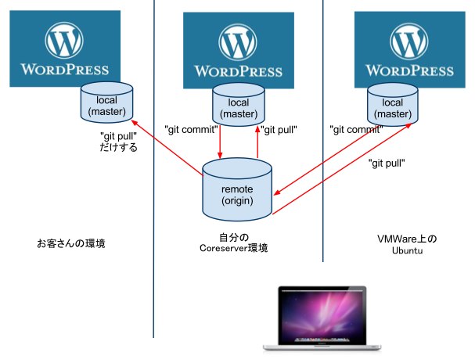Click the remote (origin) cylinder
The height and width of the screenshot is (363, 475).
coord(237,189)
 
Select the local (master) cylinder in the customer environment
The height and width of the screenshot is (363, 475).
coord(106,102)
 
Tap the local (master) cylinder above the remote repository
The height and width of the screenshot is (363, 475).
coord(239,105)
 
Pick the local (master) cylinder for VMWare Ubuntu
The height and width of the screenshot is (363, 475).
coord(393,105)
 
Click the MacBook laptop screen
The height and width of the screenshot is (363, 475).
coord(322,314)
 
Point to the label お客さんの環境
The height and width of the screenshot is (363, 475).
coord(71,243)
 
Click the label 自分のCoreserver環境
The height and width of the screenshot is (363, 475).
coord(234,243)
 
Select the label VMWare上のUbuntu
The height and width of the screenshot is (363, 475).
coord(407,244)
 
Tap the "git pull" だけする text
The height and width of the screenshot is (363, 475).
coord(118,142)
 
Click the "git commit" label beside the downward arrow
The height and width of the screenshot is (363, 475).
coord(191,130)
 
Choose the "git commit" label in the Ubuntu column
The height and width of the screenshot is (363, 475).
coord(356,130)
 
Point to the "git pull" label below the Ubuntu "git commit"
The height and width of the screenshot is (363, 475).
coord(387,164)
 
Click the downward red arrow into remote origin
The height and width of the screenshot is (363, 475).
coord(220,142)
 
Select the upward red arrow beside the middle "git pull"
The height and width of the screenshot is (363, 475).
coord(257,142)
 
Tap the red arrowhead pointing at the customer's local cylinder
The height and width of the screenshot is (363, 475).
coord(134,122)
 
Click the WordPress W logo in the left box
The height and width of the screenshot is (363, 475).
coord(64,40)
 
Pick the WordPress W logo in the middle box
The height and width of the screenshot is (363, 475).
coord(238,42)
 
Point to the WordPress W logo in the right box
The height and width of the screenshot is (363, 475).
coord(409,41)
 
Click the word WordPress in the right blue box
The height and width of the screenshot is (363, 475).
coord(409,70)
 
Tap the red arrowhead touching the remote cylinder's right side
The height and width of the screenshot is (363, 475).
coord(277,192)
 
